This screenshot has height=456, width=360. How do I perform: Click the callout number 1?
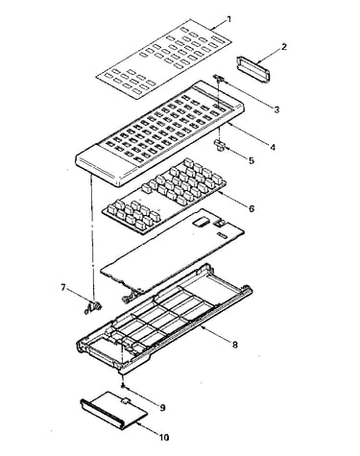(228, 19)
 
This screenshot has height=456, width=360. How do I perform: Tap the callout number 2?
(284, 47)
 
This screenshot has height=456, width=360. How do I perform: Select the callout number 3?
(276, 109)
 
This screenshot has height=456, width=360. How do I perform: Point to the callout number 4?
(273, 147)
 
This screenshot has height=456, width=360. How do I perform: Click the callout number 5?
(252, 160)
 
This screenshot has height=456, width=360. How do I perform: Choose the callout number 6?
(252, 208)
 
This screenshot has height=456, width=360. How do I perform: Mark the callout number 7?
(63, 288)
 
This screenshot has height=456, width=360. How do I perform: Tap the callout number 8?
(235, 345)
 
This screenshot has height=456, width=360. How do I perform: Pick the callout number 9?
(162, 408)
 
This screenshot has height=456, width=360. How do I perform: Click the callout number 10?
(164, 438)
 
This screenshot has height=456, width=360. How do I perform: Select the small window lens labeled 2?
(254, 69)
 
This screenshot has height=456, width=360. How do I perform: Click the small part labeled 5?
(221, 144)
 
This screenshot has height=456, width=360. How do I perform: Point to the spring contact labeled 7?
(94, 306)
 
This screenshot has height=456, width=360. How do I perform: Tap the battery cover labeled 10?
(114, 410)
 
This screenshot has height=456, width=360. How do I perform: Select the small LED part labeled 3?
(218, 78)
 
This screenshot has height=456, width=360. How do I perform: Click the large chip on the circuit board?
(202, 222)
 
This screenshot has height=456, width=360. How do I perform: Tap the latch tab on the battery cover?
(125, 399)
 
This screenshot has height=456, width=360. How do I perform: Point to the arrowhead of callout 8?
(202, 327)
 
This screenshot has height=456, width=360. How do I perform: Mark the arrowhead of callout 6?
(221, 193)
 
